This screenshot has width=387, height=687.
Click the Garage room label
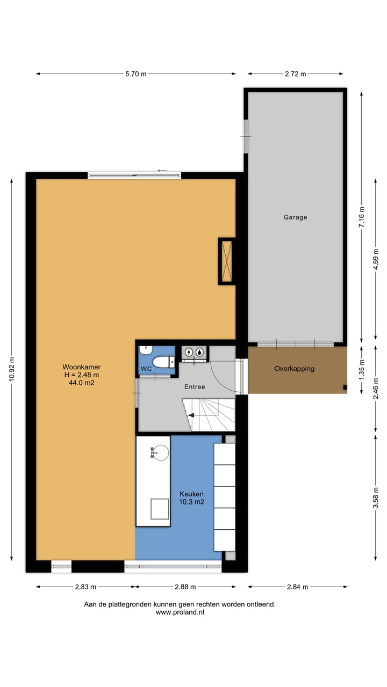(295, 217)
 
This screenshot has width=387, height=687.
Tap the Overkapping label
(294, 369)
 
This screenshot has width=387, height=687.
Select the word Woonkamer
(81, 367)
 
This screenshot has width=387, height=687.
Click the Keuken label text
(192, 494)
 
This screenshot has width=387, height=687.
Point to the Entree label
(195, 386)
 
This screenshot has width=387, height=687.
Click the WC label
(146, 369)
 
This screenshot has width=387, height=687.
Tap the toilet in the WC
(161, 362)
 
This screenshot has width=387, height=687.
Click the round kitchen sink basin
(159, 452)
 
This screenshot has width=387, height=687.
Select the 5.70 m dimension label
(135, 74)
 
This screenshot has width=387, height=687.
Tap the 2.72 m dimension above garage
(295, 74)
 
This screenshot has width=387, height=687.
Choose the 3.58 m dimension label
(376, 498)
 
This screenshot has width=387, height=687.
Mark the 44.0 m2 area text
(81, 383)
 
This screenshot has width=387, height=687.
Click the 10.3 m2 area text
(192, 502)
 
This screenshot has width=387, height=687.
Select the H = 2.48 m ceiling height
(81, 375)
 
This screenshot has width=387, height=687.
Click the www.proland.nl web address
(180, 612)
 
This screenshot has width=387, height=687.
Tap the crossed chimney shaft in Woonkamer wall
(226, 261)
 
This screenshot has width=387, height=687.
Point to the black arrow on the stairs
(190, 415)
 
